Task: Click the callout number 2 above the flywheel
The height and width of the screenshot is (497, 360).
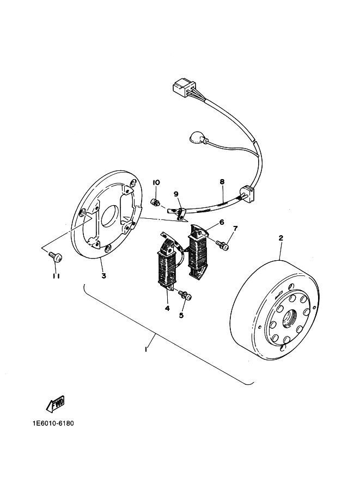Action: point(280,238)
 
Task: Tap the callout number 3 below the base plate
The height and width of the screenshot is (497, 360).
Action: point(103,276)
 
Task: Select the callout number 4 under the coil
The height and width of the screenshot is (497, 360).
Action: point(167,308)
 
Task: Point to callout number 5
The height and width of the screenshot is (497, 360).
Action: point(181,315)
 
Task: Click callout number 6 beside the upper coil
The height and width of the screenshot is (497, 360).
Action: point(222,222)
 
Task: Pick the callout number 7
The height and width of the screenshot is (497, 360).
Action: point(235,228)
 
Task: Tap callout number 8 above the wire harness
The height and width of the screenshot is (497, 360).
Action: point(222,182)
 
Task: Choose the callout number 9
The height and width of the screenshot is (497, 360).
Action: point(176,194)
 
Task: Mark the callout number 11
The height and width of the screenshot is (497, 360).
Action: point(57,276)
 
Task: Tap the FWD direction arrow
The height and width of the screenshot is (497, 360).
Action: point(56,405)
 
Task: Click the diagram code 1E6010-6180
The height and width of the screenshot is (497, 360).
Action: point(53,424)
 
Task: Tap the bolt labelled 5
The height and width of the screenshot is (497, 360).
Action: point(185,295)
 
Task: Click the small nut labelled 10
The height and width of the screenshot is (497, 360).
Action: point(155,201)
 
